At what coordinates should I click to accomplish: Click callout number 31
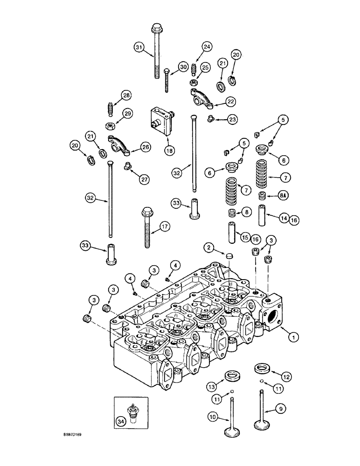click(138, 47)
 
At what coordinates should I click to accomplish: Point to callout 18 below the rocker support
click(169, 150)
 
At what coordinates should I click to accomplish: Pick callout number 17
click(164, 227)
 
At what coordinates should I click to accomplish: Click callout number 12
click(286, 376)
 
